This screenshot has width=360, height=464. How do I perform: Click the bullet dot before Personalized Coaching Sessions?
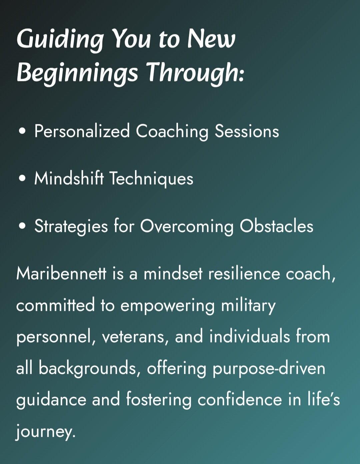[22, 131]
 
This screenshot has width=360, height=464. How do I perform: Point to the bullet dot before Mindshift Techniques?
[22, 178]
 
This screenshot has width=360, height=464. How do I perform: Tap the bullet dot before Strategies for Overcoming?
[22, 226]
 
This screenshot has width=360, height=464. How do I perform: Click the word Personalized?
[82, 131]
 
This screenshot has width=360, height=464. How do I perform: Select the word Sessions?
[247, 131]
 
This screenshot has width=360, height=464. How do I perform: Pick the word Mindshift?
[69, 178]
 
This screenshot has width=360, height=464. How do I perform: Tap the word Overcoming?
[187, 227]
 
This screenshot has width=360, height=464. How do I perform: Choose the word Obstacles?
[276, 226]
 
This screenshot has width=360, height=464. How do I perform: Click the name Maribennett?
[61, 274]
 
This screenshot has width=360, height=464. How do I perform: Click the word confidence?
[240, 399]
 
